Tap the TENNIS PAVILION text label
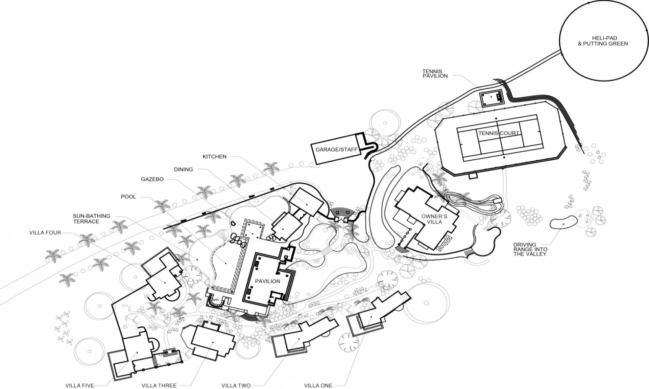(435, 74)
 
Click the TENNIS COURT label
(499, 133)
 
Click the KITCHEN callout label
(214, 157)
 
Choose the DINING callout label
(183, 169)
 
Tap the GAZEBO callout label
(152, 179)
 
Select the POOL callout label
(128, 197)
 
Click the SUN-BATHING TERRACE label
(91, 219)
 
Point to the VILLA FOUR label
(45, 233)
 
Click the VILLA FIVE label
(80, 385)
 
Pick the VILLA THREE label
(159, 385)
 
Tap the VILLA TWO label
(236, 385)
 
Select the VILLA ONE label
(318, 385)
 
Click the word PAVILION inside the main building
(267, 281)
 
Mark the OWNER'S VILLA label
(434, 219)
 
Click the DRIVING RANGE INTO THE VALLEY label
(530, 249)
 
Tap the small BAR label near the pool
(216, 300)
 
